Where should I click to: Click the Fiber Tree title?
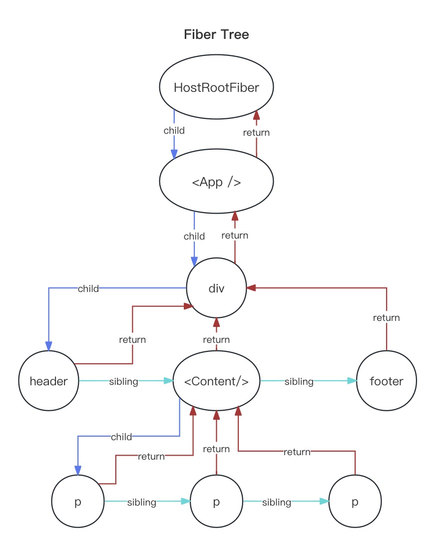click(x=216, y=34)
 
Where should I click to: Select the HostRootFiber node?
click(x=216, y=88)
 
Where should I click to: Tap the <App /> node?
click(x=216, y=182)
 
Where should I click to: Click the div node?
click(x=216, y=288)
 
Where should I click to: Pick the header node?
click(x=48, y=381)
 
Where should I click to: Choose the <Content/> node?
click(x=216, y=381)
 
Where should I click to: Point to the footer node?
click(x=386, y=381)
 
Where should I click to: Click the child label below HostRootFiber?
click(x=174, y=131)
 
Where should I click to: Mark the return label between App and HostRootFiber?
click(x=256, y=133)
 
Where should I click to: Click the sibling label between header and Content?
click(x=123, y=382)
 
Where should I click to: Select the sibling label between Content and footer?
click(x=299, y=382)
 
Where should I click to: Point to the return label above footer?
click(x=386, y=317)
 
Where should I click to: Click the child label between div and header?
click(x=88, y=288)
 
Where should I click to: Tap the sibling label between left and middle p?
click(x=141, y=503)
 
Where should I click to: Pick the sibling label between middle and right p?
click(x=277, y=503)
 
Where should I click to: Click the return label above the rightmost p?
click(x=297, y=452)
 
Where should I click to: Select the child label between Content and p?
click(x=121, y=437)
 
